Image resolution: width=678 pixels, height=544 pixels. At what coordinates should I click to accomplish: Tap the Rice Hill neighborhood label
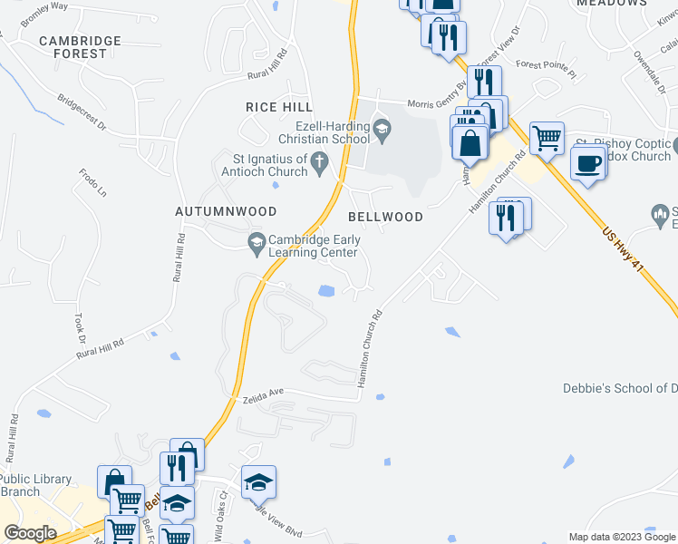click(x=279, y=107)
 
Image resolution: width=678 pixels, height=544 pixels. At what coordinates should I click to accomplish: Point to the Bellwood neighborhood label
click(x=386, y=217)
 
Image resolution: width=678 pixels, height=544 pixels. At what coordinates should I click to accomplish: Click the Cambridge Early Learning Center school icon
click(x=257, y=241)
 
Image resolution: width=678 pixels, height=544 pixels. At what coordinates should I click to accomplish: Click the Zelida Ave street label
click(x=264, y=395)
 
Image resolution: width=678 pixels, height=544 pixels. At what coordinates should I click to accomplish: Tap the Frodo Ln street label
click(x=92, y=183)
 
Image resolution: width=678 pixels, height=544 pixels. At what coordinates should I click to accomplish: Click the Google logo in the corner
click(x=30, y=533)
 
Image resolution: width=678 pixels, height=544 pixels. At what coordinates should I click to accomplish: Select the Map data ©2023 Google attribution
click(x=621, y=537)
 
